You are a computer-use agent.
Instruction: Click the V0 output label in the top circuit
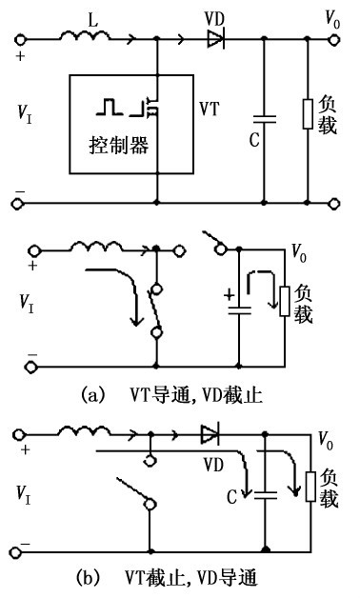(x=330, y=17)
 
